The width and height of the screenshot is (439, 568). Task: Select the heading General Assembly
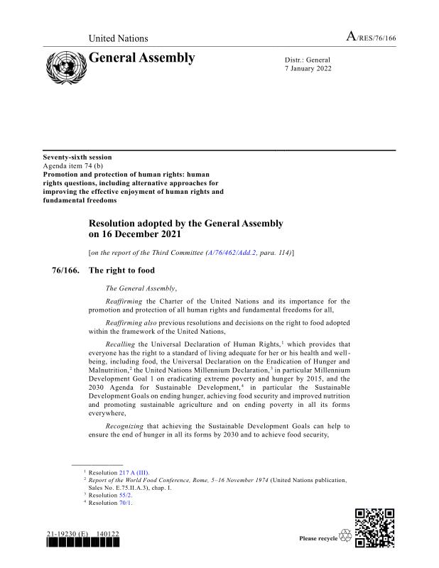pos(141,58)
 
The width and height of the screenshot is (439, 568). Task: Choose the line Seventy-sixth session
pos(77,157)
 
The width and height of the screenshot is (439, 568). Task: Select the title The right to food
pos(121,271)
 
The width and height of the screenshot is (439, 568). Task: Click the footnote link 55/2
pos(126,495)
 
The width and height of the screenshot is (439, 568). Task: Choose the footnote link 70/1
pos(126,503)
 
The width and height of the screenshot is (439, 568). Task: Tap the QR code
pos(374,528)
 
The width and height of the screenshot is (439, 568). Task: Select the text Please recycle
pos(318,539)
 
